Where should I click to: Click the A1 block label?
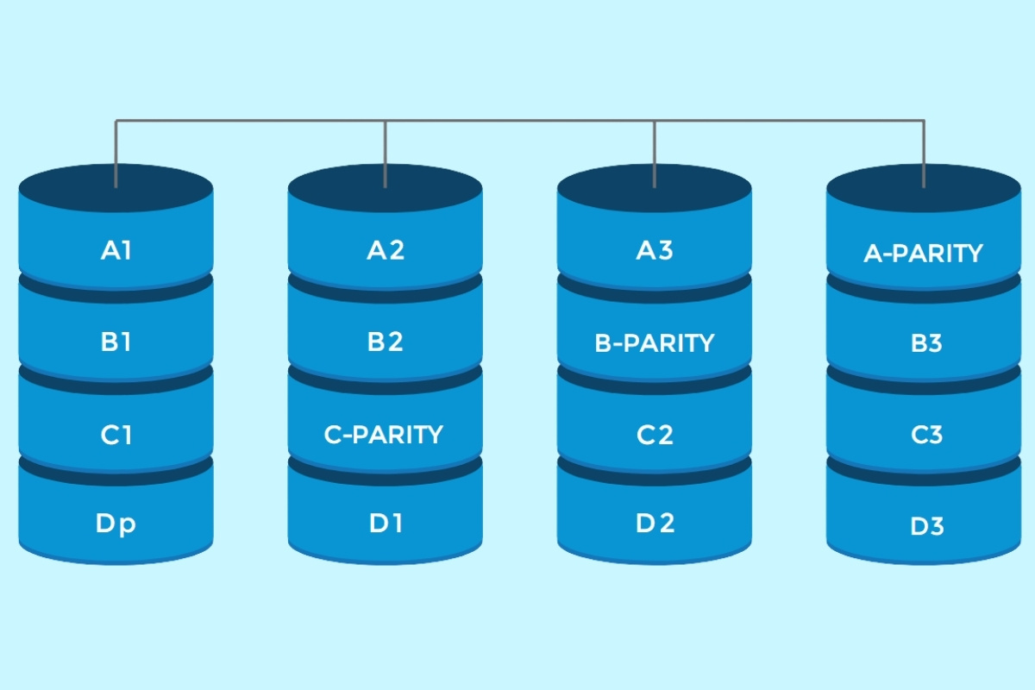click(x=116, y=251)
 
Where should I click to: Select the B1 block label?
click(x=116, y=342)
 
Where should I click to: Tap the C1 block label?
click(x=116, y=435)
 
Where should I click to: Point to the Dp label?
click(x=116, y=524)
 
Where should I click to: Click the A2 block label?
click(x=386, y=251)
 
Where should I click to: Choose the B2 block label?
click(x=386, y=342)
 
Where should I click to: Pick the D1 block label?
click(x=386, y=524)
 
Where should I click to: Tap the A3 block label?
click(x=655, y=251)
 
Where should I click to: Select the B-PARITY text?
click(x=655, y=343)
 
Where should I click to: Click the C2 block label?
click(x=655, y=435)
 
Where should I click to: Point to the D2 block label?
click(x=655, y=524)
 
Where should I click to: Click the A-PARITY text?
click(x=923, y=254)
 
